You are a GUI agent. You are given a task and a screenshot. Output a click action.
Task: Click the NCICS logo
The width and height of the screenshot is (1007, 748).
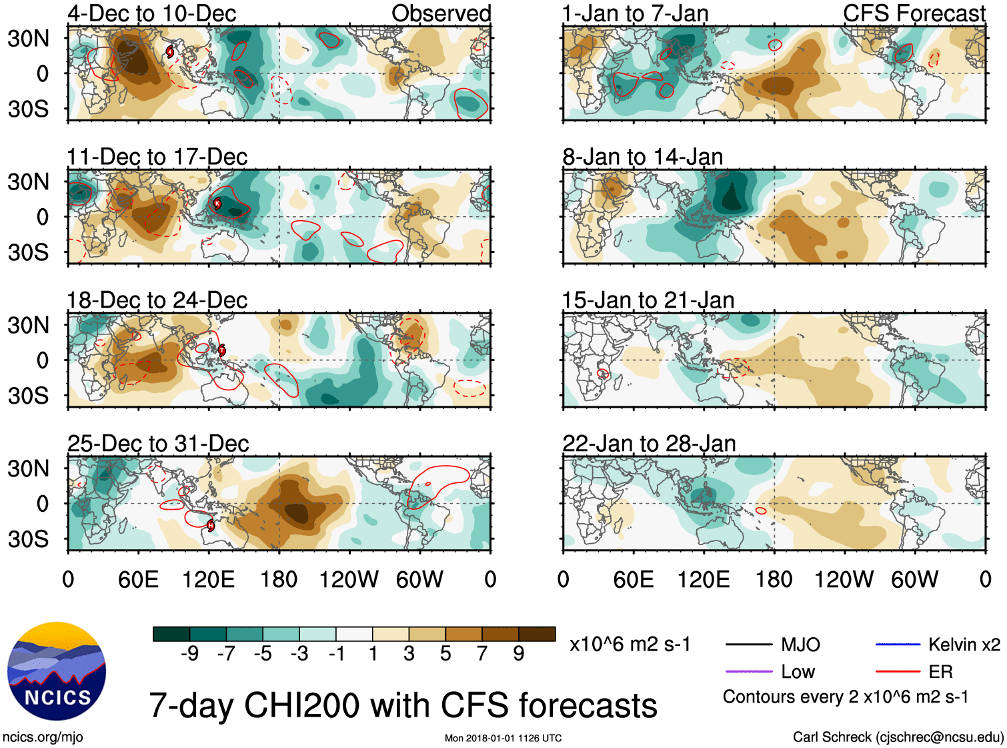tap(57, 671)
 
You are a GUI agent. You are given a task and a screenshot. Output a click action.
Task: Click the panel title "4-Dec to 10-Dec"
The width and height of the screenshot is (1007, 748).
tap(152, 13)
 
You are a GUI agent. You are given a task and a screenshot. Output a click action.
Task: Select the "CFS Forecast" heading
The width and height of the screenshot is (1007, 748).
tap(914, 13)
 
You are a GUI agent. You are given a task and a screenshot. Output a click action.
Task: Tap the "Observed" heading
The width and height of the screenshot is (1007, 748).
tap(441, 13)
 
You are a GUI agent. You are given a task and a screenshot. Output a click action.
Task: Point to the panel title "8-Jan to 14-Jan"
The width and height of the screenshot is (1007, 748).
tap(643, 157)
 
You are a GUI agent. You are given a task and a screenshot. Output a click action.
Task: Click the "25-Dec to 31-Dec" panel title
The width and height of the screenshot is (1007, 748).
tap(158, 444)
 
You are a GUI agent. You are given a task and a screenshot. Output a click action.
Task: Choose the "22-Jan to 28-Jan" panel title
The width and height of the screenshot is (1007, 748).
tap(649, 444)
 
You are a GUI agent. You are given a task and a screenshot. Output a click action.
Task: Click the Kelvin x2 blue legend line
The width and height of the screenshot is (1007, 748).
tap(898, 645)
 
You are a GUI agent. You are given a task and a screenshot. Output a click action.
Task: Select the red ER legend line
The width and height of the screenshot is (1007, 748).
tap(898, 672)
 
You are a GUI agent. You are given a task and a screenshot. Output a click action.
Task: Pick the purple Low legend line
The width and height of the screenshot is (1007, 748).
tap(748, 672)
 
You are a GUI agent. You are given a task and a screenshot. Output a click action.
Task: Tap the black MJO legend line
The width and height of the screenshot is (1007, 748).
tap(748, 645)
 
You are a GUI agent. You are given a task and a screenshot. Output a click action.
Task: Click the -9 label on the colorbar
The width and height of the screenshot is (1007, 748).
tap(189, 654)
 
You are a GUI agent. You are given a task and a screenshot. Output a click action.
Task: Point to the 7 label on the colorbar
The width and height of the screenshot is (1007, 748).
tap(482, 654)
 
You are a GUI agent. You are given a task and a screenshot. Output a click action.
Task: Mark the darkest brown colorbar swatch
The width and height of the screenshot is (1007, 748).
tap(537, 634)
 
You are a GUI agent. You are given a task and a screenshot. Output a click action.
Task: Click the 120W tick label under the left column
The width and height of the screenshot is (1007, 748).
tap(349, 579)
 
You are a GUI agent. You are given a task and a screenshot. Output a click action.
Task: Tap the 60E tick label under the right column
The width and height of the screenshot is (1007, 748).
tap(634, 579)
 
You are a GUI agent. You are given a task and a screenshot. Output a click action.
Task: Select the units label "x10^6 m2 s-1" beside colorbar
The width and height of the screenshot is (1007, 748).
tap(630, 645)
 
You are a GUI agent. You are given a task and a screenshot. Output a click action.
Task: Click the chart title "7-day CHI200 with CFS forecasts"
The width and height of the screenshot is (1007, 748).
tap(403, 705)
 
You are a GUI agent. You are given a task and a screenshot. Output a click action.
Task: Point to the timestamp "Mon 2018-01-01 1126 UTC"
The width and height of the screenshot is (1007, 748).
tap(503, 738)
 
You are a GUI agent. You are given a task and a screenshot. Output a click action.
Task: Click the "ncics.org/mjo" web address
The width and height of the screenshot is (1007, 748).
tap(43, 737)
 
